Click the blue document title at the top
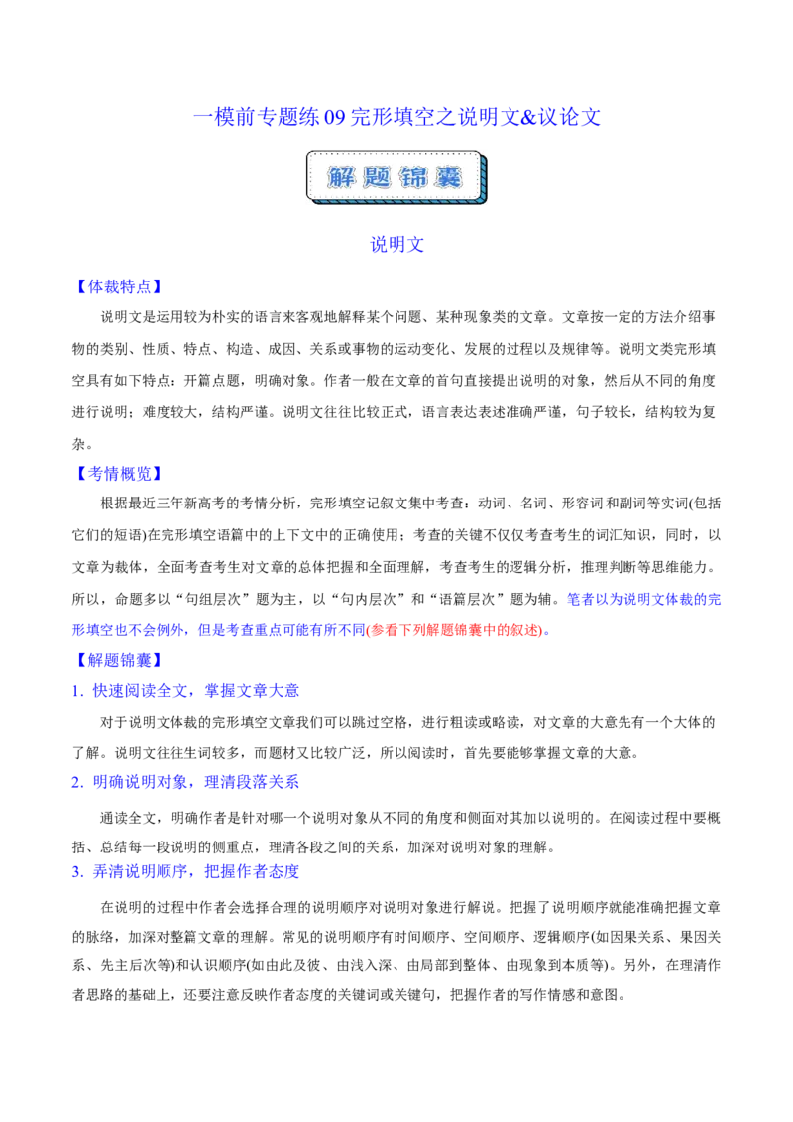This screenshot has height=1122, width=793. click(x=396, y=117)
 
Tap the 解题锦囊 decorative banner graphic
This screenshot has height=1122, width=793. click(x=396, y=177)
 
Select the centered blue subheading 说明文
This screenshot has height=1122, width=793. click(x=396, y=245)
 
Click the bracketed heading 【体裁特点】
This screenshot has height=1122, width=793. click(x=119, y=286)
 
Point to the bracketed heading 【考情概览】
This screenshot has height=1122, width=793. click(x=119, y=474)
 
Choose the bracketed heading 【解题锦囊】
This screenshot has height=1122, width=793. click(x=119, y=660)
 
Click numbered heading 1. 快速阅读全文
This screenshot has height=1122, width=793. click(x=185, y=691)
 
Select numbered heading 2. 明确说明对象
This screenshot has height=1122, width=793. click(x=185, y=782)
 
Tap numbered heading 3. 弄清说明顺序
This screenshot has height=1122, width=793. click(x=185, y=871)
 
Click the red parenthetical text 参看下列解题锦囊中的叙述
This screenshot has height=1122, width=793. click(x=454, y=630)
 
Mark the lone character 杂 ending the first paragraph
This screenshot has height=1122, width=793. click(x=78, y=444)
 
